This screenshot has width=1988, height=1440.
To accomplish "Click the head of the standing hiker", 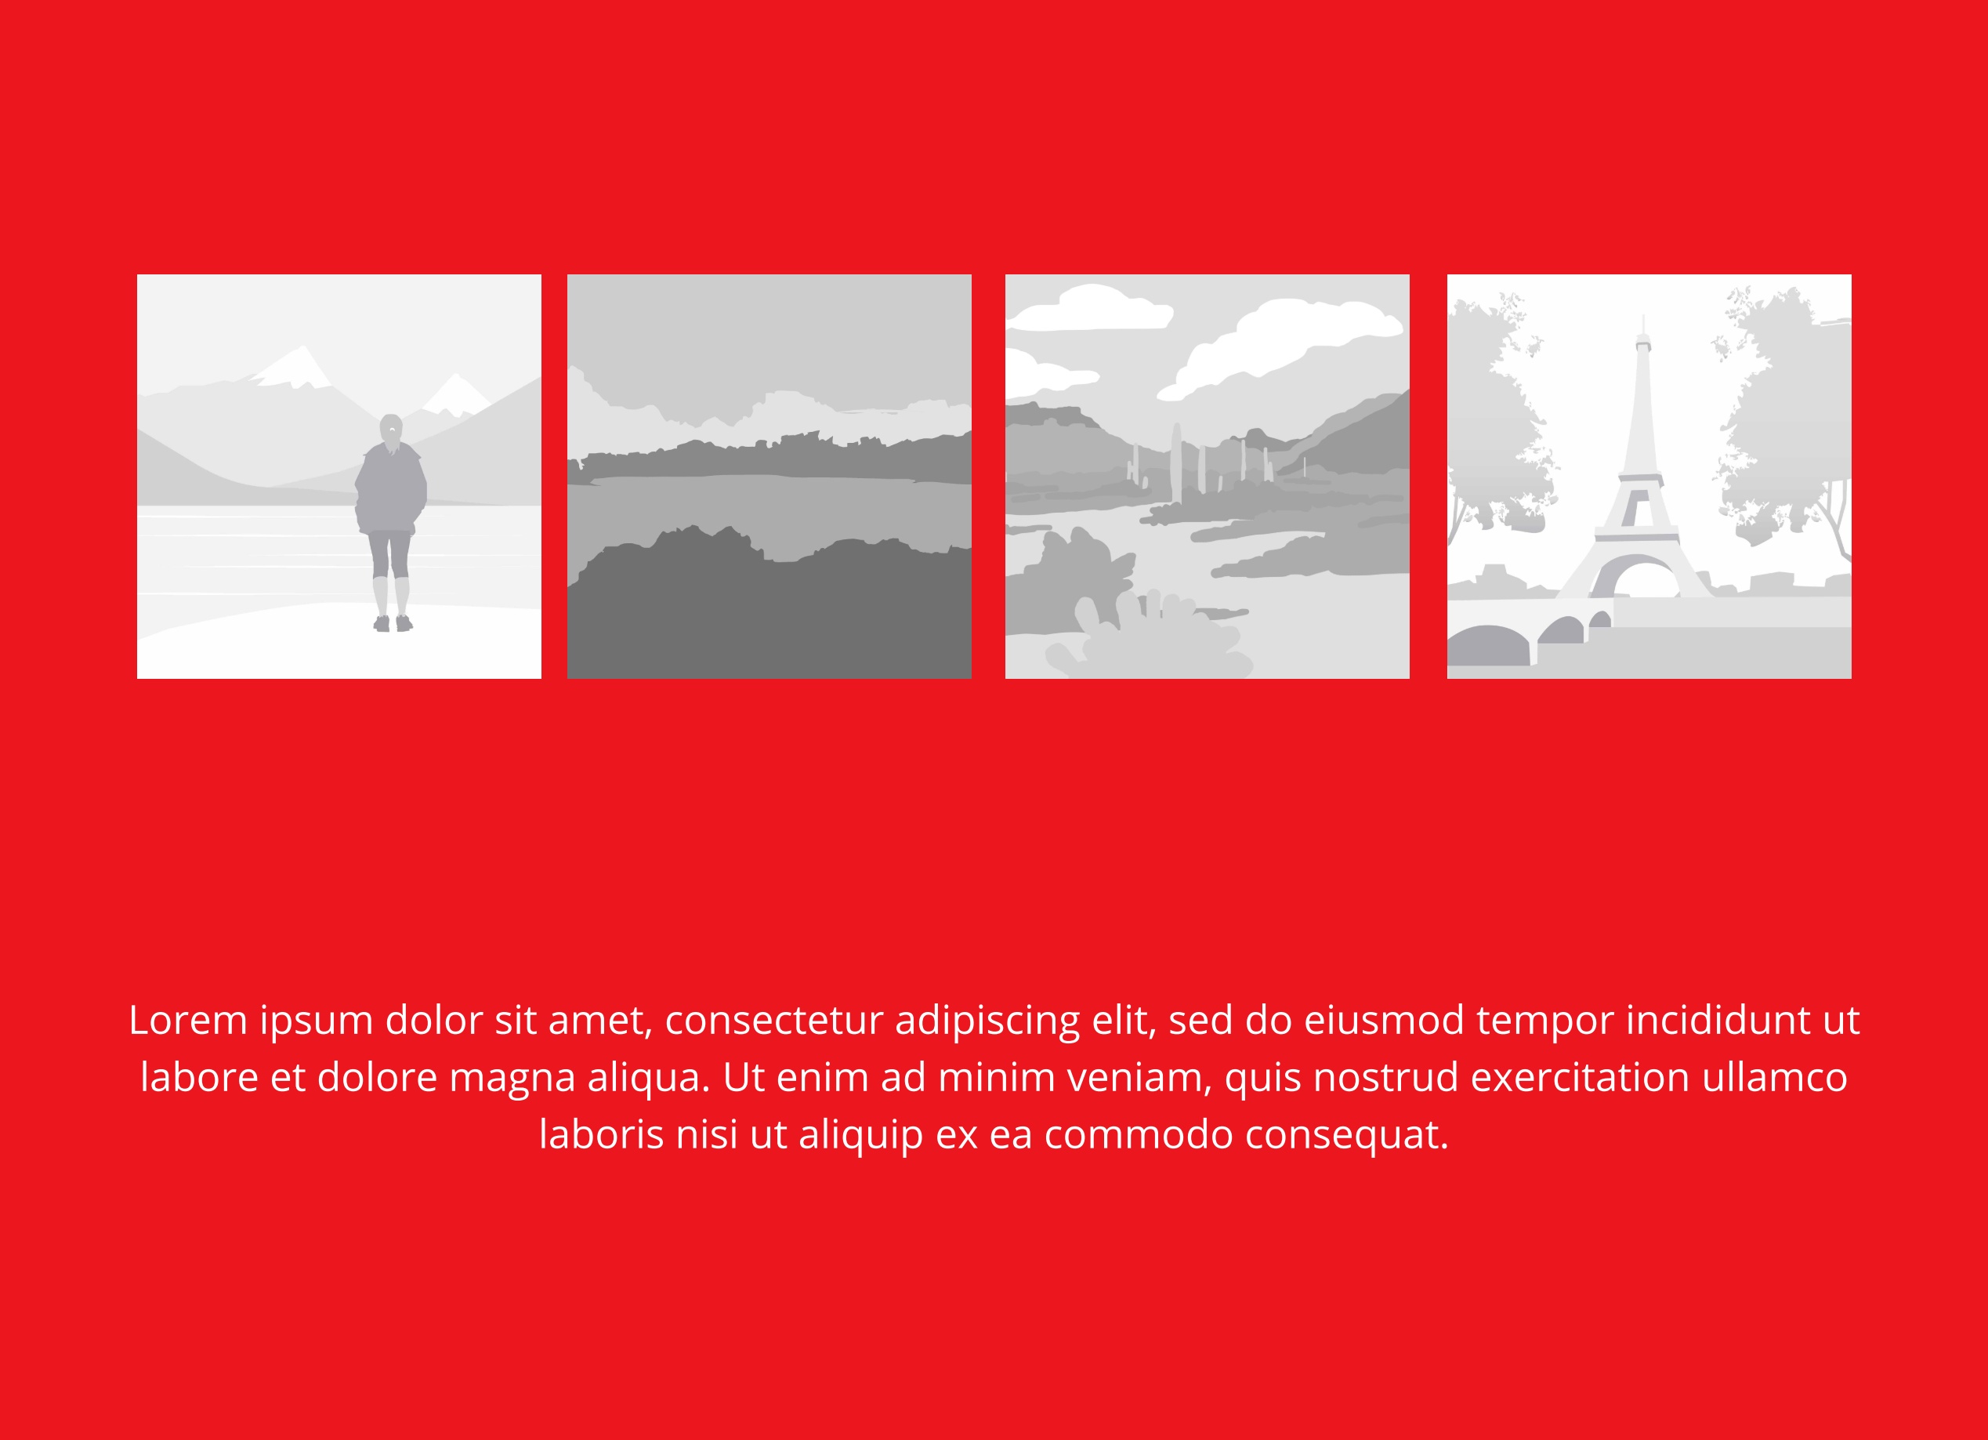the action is [x=391, y=430].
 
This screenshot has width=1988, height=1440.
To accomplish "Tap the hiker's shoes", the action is [x=393, y=623].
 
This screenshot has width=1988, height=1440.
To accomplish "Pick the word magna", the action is [x=512, y=1079].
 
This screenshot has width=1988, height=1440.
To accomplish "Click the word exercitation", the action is [x=1581, y=1077].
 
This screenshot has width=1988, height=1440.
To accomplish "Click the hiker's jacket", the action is [x=391, y=488].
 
